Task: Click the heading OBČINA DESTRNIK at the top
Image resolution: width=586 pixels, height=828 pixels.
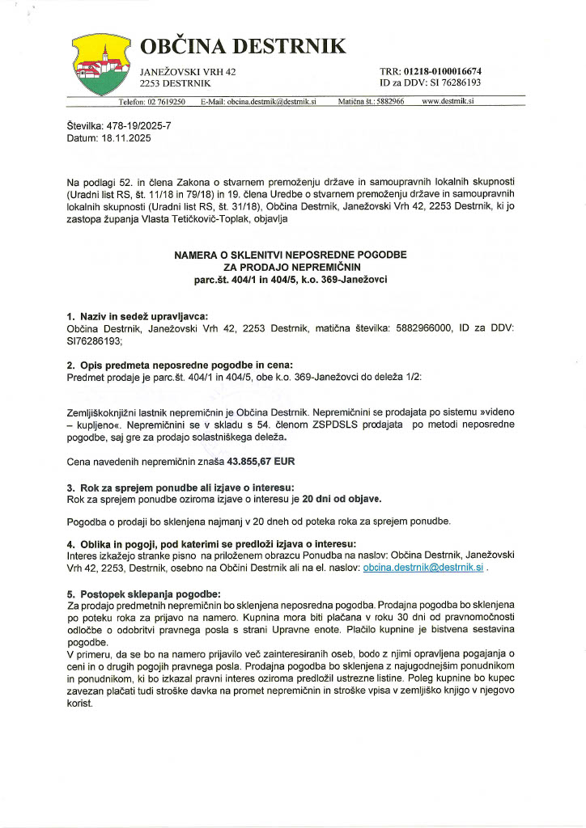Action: [x=243, y=46]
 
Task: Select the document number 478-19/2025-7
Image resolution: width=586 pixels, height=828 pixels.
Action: [x=138, y=127]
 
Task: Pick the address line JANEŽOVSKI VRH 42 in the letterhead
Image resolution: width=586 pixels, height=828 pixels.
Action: [x=188, y=72]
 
